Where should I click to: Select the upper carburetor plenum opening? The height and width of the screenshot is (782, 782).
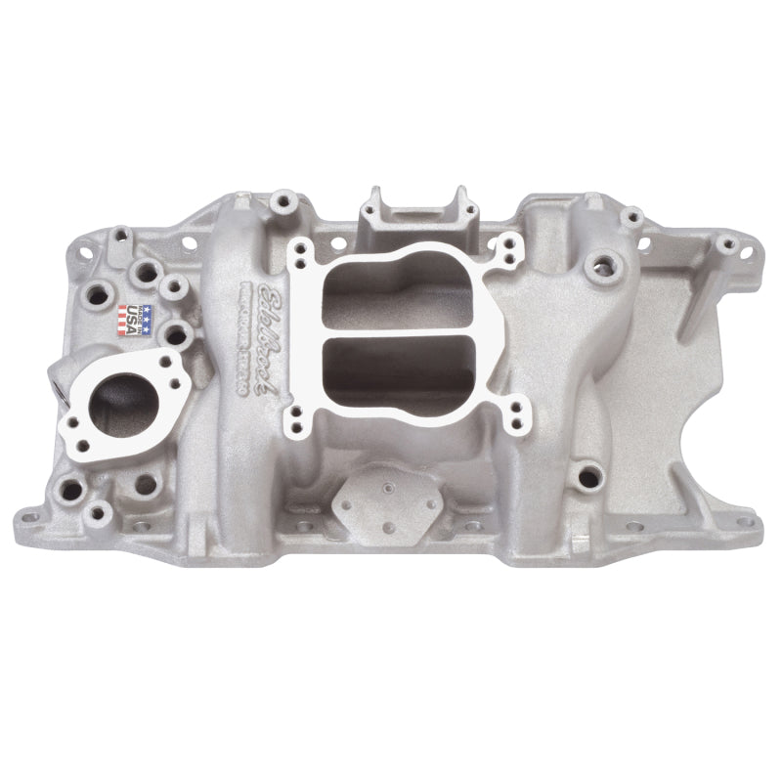(x=391, y=287)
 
